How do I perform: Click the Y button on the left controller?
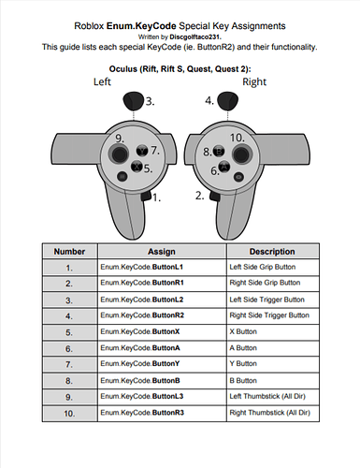coord(142,151)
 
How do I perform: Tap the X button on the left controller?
coord(137,167)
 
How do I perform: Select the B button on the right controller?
coord(219,152)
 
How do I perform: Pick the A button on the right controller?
coord(224,167)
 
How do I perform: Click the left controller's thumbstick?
coord(119,154)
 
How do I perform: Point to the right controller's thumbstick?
coord(241,154)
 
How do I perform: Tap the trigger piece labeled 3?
coord(134,100)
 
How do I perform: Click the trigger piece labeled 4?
coord(227,100)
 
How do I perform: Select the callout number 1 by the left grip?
coord(156,197)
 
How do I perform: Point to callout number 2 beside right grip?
coord(200,196)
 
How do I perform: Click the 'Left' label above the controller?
coord(102,81)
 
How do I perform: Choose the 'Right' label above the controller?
coord(254,81)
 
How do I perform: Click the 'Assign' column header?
coord(162,252)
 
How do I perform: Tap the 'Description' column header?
coord(272,252)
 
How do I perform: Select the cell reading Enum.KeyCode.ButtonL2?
coord(162,300)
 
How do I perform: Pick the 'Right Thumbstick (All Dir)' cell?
coord(272,413)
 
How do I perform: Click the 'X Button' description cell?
coord(272,332)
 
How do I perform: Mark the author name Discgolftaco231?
coord(195,37)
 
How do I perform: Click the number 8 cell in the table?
coord(69,381)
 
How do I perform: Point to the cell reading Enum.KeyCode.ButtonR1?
coord(162,283)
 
